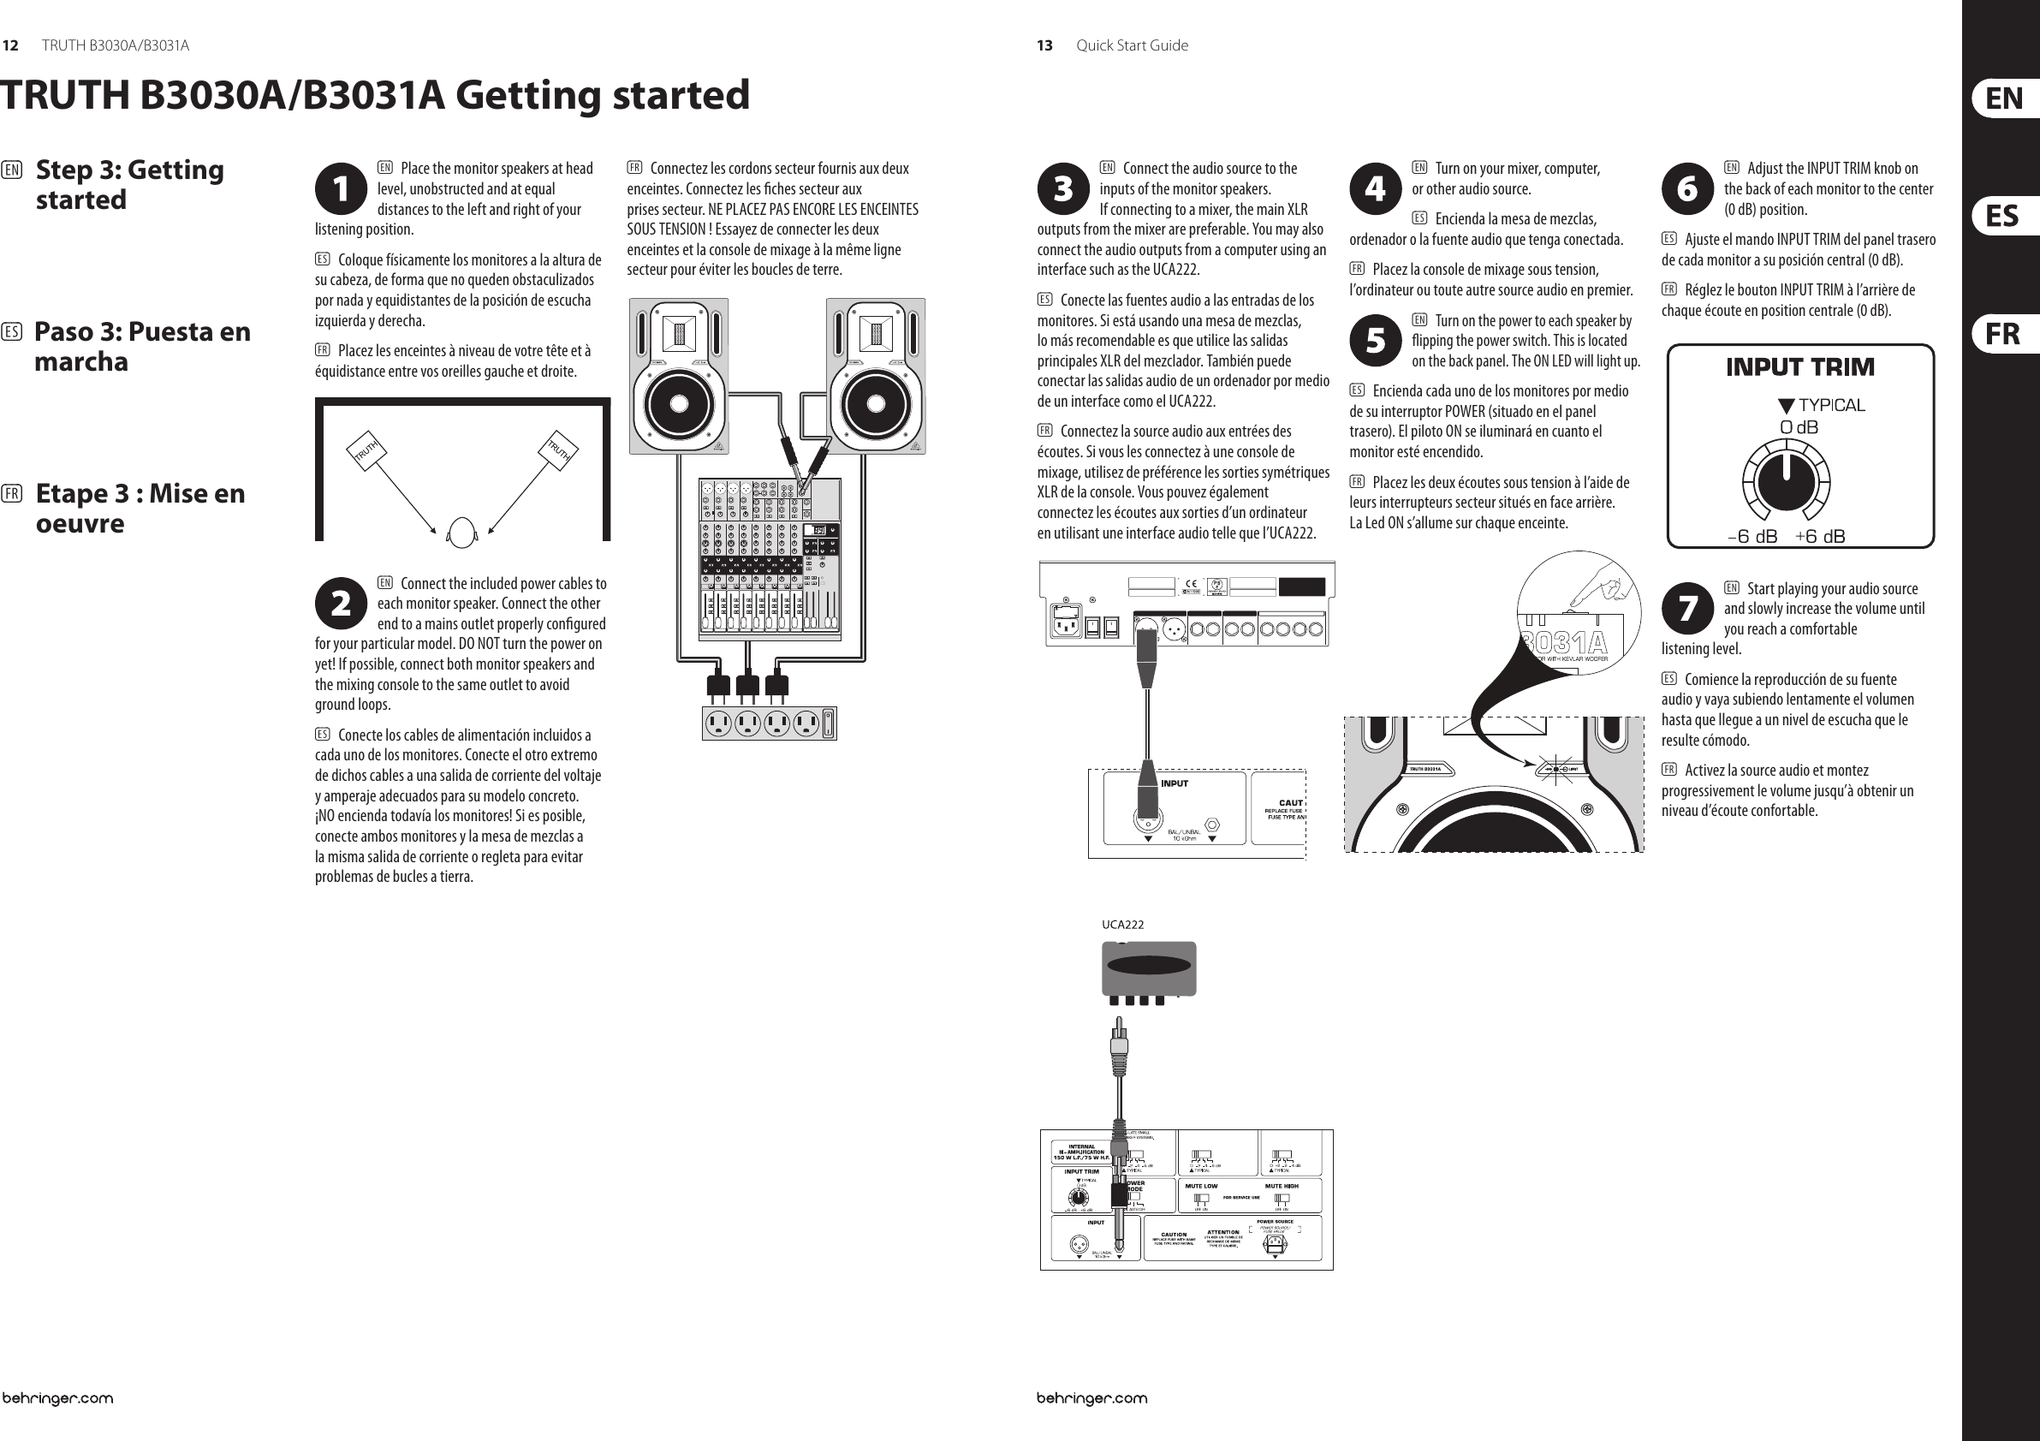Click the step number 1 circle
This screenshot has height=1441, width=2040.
342,188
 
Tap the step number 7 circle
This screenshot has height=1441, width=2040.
1687,609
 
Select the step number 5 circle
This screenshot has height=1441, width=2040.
1376,340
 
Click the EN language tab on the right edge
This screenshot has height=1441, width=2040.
2004,98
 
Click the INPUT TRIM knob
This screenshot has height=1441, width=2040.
1786,481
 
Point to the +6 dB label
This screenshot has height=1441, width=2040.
1820,536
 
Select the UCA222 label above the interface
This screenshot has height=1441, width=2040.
1122,924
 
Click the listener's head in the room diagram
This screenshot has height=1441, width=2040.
461,533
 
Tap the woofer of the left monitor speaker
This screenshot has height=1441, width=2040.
679,402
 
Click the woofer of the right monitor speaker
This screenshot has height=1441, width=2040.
875,402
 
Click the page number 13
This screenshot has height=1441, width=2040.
1044,45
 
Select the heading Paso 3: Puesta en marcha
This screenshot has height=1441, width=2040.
142,347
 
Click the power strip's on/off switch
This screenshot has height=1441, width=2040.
828,723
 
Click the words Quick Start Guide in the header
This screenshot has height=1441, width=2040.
1131,45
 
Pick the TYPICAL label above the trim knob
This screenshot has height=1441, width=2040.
1830,406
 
